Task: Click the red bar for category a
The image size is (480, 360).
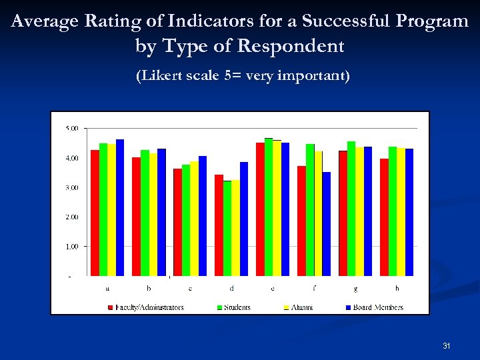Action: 95,213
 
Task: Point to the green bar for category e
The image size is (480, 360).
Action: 269,207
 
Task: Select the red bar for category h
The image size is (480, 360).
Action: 385,217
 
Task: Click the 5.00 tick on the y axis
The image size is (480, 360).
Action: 71,128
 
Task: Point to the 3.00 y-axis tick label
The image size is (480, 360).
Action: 71,187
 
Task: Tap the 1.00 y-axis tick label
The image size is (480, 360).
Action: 71,246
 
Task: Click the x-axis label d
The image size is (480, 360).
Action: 231,289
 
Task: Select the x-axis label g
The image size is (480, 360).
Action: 355,289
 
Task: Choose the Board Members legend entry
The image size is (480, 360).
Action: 375,307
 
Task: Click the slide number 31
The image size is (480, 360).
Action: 447,346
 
